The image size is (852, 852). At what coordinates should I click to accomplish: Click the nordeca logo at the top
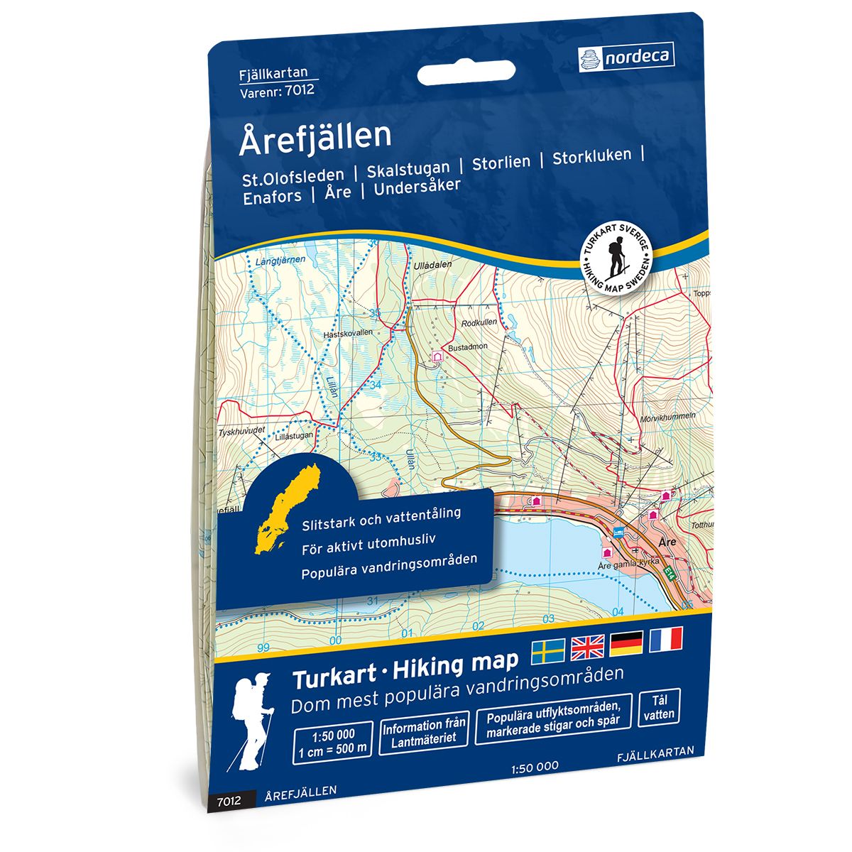[x=626, y=56]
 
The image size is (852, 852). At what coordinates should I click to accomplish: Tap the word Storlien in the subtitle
[x=501, y=162]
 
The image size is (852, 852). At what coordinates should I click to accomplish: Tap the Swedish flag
[x=548, y=648]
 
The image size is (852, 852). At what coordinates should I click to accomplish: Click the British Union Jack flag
[x=587, y=645]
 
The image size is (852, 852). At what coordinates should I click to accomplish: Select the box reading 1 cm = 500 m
[x=332, y=741]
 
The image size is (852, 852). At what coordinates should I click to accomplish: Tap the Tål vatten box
[x=660, y=707]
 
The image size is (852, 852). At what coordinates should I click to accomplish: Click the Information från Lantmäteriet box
[x=425, y=731]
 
